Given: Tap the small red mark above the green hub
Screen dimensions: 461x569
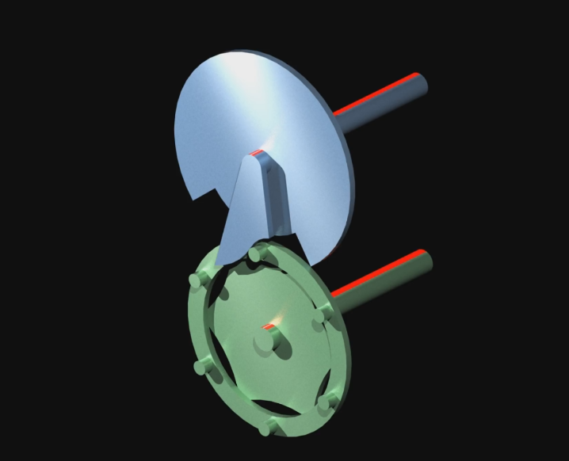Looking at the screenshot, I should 269,323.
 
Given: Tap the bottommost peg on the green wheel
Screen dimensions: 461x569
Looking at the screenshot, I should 268,429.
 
